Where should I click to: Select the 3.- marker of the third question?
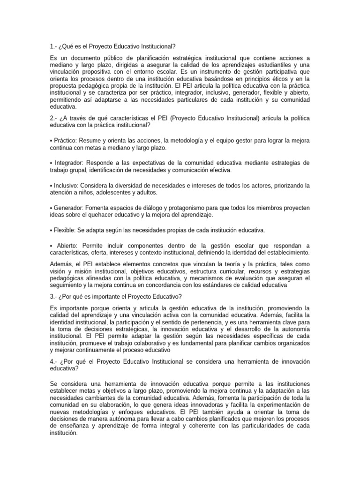click(x=53, y=296)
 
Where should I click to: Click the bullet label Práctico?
click(x=66, y=141)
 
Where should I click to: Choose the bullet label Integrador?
click(x=68, y=163)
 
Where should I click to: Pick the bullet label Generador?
click(x=68, y=208)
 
